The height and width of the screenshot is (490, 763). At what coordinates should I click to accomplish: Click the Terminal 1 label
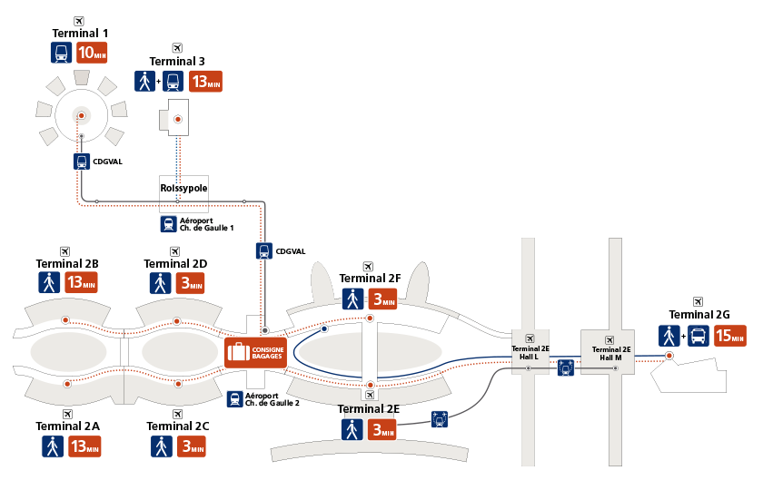80,33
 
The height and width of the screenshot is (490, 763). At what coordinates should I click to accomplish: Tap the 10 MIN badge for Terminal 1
92,53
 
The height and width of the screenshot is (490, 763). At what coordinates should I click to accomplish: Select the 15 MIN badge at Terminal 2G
730,336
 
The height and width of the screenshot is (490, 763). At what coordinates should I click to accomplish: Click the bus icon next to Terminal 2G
699,336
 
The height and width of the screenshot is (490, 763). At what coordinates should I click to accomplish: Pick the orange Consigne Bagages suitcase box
255,352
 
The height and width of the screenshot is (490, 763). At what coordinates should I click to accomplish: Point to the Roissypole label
183,188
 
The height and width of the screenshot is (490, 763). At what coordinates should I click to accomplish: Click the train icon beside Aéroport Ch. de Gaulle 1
168,224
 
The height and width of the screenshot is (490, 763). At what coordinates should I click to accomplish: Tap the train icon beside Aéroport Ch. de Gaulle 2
234,399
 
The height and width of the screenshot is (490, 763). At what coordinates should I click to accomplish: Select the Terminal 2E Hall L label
530,352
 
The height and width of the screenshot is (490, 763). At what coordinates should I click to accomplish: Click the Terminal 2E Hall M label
611,353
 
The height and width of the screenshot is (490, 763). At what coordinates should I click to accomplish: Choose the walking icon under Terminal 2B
49,282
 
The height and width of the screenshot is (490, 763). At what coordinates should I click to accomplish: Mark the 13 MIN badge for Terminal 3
205,81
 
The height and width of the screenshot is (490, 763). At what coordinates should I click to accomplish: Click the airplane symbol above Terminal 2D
174,251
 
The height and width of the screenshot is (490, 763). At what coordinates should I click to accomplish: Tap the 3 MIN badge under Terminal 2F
382,299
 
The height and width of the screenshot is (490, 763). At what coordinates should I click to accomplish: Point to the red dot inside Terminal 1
82,116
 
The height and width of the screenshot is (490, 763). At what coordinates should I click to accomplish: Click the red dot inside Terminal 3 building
178,119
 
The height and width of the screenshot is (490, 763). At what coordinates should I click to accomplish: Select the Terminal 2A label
67,426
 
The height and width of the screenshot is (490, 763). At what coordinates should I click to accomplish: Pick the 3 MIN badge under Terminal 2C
192,446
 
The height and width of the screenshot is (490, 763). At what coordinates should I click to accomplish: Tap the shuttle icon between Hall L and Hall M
565,367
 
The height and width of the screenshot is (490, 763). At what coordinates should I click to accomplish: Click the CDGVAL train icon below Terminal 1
82,162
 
